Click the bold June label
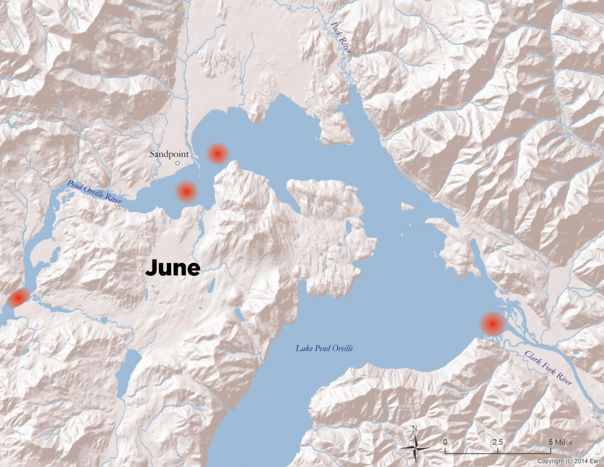click(x=172, y=268)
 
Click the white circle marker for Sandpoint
click(x=177, y=164)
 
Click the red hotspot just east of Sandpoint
click(x=217, y=153)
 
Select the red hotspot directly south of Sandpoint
click(x=186, y=192)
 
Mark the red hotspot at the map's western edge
click(x=16, y=299)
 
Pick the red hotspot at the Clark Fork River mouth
click(x=493, y=324)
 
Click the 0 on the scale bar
click(x=445, y=441)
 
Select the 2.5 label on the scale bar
click(x=498, y=441)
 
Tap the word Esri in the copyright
click(x=594, y=461)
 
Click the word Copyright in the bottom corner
click(x=550, y=461)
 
